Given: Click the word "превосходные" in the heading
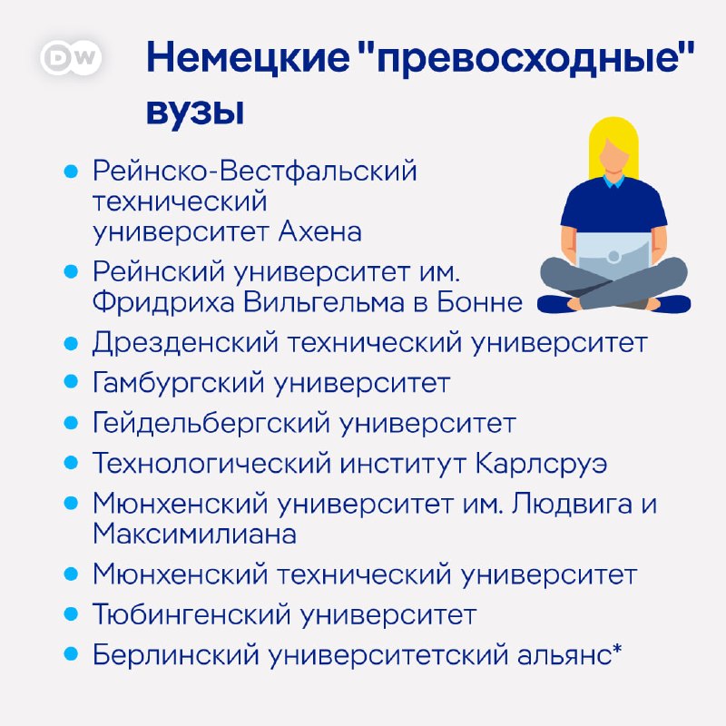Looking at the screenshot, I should (529, 60).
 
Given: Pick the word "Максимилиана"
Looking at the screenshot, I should (194, 534).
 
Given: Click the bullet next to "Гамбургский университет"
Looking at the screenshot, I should (71, 383).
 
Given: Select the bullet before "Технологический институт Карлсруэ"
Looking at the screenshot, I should (71, 464).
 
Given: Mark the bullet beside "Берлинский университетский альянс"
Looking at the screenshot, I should (71, 655).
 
